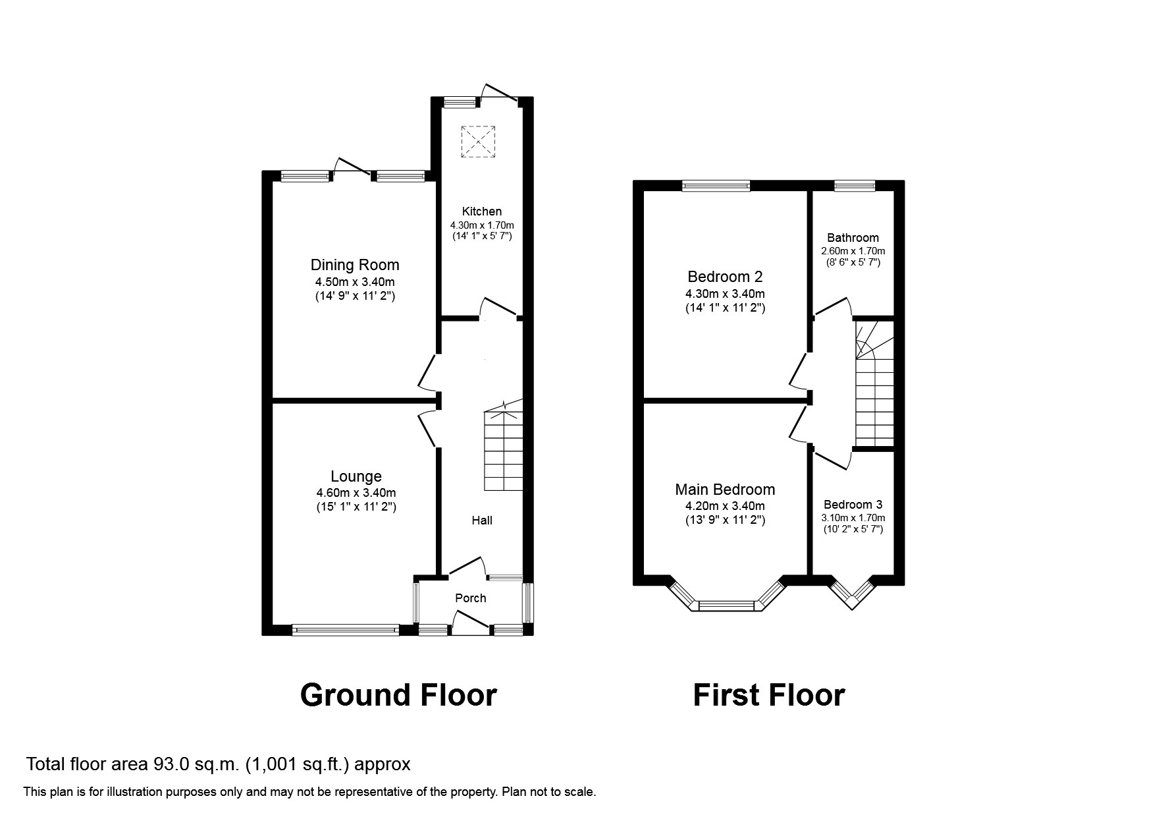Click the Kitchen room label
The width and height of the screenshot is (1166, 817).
tap(481, 211)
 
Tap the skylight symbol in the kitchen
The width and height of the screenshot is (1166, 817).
tap(479, 142)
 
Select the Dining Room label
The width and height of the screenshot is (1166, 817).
tap(355, 265)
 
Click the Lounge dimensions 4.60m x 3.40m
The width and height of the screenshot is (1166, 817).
tap(356, 493)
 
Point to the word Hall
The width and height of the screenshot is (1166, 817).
tap(481, 521)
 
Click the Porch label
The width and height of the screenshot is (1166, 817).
tap(470, 598)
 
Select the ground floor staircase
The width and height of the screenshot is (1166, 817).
tap(504, 451)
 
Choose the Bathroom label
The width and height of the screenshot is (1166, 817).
tap(853, 238)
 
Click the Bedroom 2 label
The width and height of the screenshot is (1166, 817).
tap(725, 277)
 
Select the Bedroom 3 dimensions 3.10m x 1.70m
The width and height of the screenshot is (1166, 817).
tap(853, 518)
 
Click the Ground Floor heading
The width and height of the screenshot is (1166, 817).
tap(398, 695)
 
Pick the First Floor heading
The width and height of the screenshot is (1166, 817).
tap(768, 695)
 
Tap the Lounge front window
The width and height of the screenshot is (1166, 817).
tap(346, 631)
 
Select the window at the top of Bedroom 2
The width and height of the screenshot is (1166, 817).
tap(716, 186)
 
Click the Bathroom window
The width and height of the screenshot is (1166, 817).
tap(855, 186)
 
